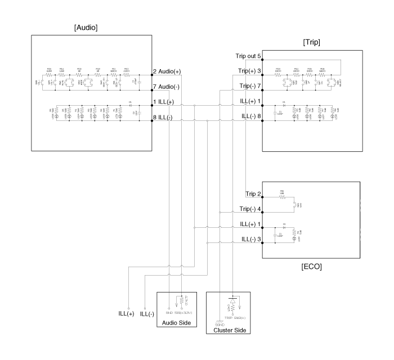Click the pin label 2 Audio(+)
(x=167, y=71)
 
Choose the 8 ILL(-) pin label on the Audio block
(x=164, y=117)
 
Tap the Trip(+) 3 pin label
(x=249, y=71)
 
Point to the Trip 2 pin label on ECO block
(x=252, y=194)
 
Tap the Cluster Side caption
(x=228, y=330)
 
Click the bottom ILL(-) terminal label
(x=147, y=313)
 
